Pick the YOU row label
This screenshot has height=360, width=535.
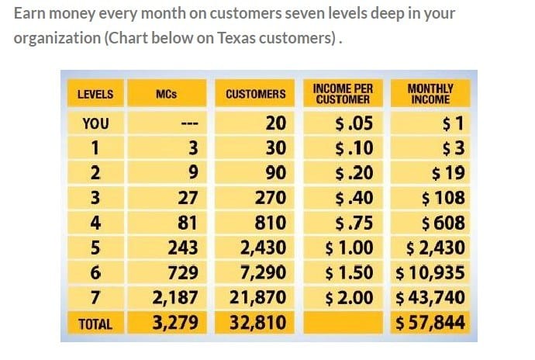pos(95,123)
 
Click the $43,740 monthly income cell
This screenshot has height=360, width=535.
pos(430,297)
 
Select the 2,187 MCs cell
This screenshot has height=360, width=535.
pos(176,297)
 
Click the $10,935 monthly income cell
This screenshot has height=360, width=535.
pos(430,272)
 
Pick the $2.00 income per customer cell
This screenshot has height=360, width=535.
pos(350,297)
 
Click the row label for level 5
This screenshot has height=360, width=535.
pos(95,247)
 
